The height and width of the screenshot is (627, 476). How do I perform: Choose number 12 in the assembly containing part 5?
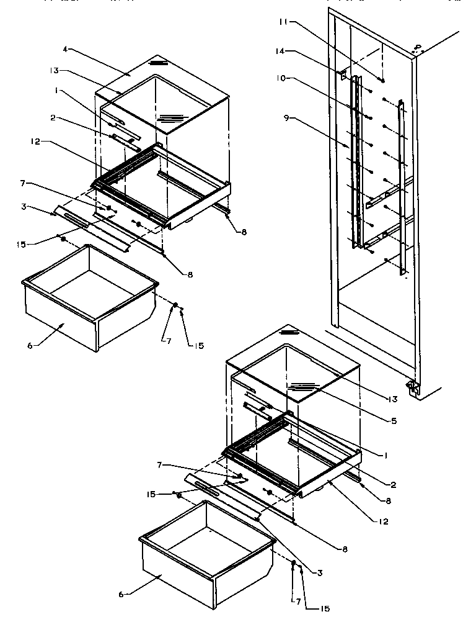pos(384,521)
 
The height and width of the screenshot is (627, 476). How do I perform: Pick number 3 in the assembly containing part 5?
pos(319,572)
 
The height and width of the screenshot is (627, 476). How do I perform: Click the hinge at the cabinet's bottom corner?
pos(411,388)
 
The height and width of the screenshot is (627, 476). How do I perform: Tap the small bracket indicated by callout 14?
pos(342,73)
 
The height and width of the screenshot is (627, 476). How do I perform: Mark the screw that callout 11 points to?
pos(382,80)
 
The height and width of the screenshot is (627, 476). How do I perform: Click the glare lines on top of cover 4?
pos(159,63)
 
